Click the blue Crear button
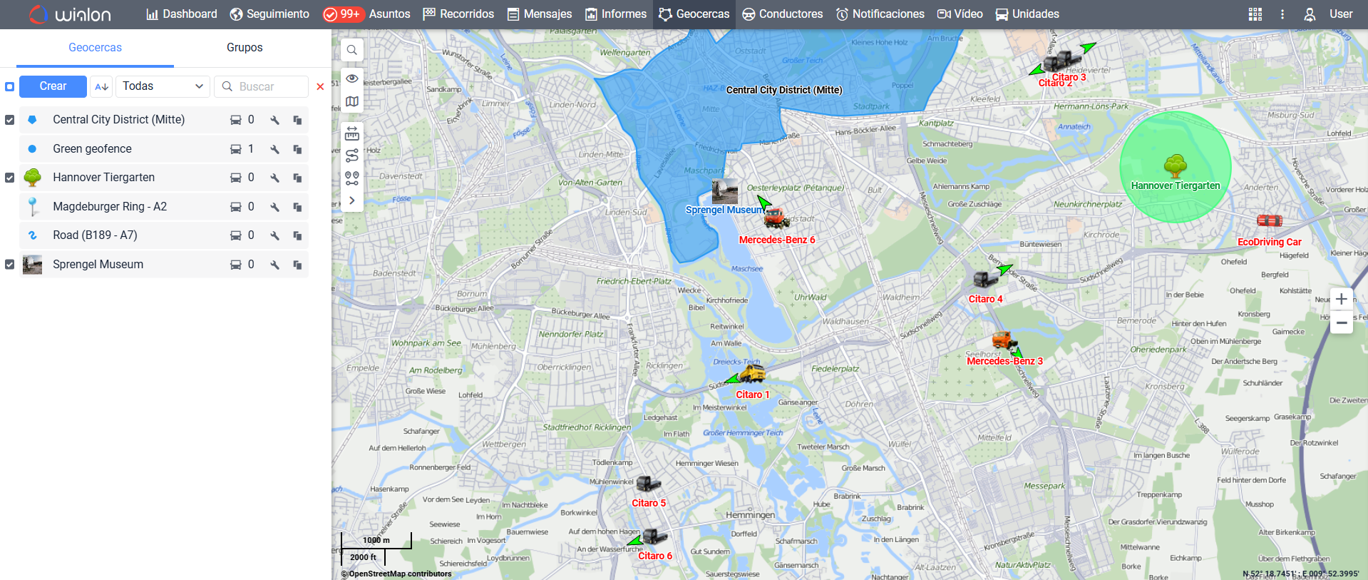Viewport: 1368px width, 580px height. (x=53, y=86)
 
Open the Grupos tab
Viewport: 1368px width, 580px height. (x=245, y=48)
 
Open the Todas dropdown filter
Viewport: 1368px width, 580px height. (x=163, y=86)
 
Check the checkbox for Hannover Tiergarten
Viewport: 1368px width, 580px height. (x=10, y=178)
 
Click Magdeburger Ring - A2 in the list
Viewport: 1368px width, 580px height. (x=110, y=207)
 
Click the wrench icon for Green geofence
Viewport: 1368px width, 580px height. (x=274, y=149)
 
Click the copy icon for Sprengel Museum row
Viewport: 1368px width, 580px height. (x=297, y=265)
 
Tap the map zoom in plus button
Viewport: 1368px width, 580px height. (x=1341, y=299)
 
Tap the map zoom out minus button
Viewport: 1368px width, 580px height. (x=1341, y=323)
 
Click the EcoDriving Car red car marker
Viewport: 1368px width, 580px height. (x=1269, y=221)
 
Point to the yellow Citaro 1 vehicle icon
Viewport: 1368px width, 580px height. (x=752, y=373)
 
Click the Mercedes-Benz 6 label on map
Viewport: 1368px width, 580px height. (x=776, y=240)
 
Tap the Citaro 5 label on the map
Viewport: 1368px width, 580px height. (x=649, y=503)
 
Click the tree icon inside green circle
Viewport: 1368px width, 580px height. (x=1175, y=167)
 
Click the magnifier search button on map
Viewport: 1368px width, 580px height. (x=352, y=50)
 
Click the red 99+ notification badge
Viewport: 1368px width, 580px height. (x=344, y=14)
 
